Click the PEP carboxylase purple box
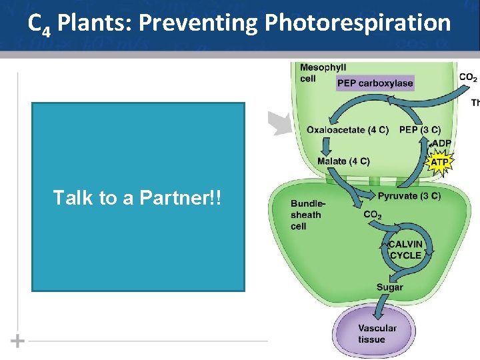coord(375,83)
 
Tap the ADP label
coord(441,143)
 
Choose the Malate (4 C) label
coord(343,161)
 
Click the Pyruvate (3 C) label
coord(409,196)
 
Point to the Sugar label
coord(390,287)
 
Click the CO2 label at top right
coord(468,78)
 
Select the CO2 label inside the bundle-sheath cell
coord(373,215)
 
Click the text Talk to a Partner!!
coord(139,199)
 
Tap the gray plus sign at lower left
coord(18,341)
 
